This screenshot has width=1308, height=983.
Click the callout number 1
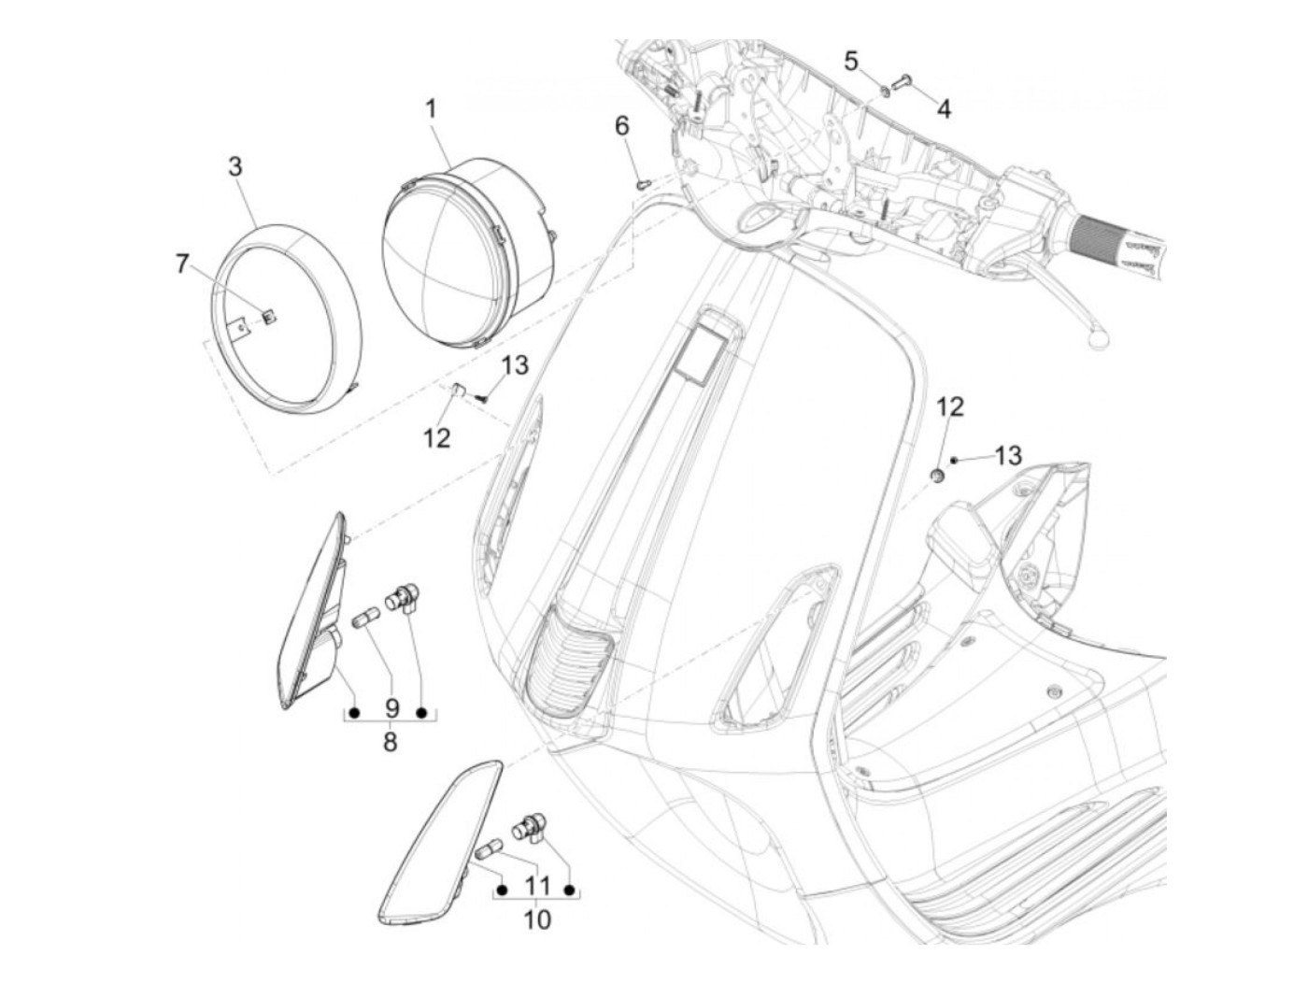click(431, 109)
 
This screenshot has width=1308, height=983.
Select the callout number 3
click(235, 166)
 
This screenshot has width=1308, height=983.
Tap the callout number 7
click(183, 264)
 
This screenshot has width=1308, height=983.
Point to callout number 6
click(622, 126)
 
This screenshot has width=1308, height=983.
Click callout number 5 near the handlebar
click(851, 62)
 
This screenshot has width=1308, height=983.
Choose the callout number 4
click(944, 109)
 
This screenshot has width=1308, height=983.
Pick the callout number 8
click(390, 742)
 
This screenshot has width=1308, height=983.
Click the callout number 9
click(390, 709)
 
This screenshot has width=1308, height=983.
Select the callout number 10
click(537, 919)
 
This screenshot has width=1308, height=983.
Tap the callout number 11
click(536, 885)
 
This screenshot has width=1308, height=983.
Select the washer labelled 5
click(884, 91)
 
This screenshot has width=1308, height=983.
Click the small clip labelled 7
click(269, 317)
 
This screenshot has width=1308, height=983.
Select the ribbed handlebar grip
click(1117, 238)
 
